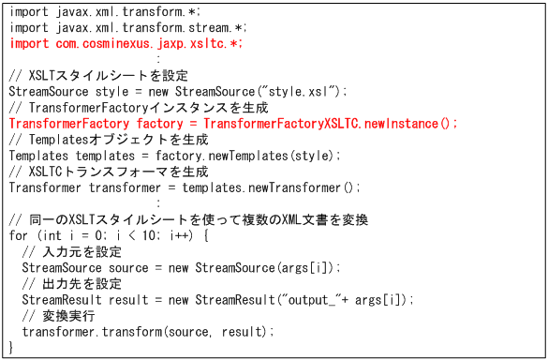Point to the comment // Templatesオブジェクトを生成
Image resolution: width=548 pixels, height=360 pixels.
coord(108,139)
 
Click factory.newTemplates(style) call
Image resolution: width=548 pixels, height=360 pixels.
coord(241,155)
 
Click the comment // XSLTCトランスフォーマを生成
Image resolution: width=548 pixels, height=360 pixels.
coord(108,171)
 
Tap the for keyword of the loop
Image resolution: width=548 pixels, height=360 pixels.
coord(19,235)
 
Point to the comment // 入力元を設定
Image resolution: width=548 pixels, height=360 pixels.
coord(71,251)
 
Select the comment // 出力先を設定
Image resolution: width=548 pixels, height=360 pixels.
coord(71,283)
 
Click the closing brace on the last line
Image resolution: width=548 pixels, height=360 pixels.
coord(11,347)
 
